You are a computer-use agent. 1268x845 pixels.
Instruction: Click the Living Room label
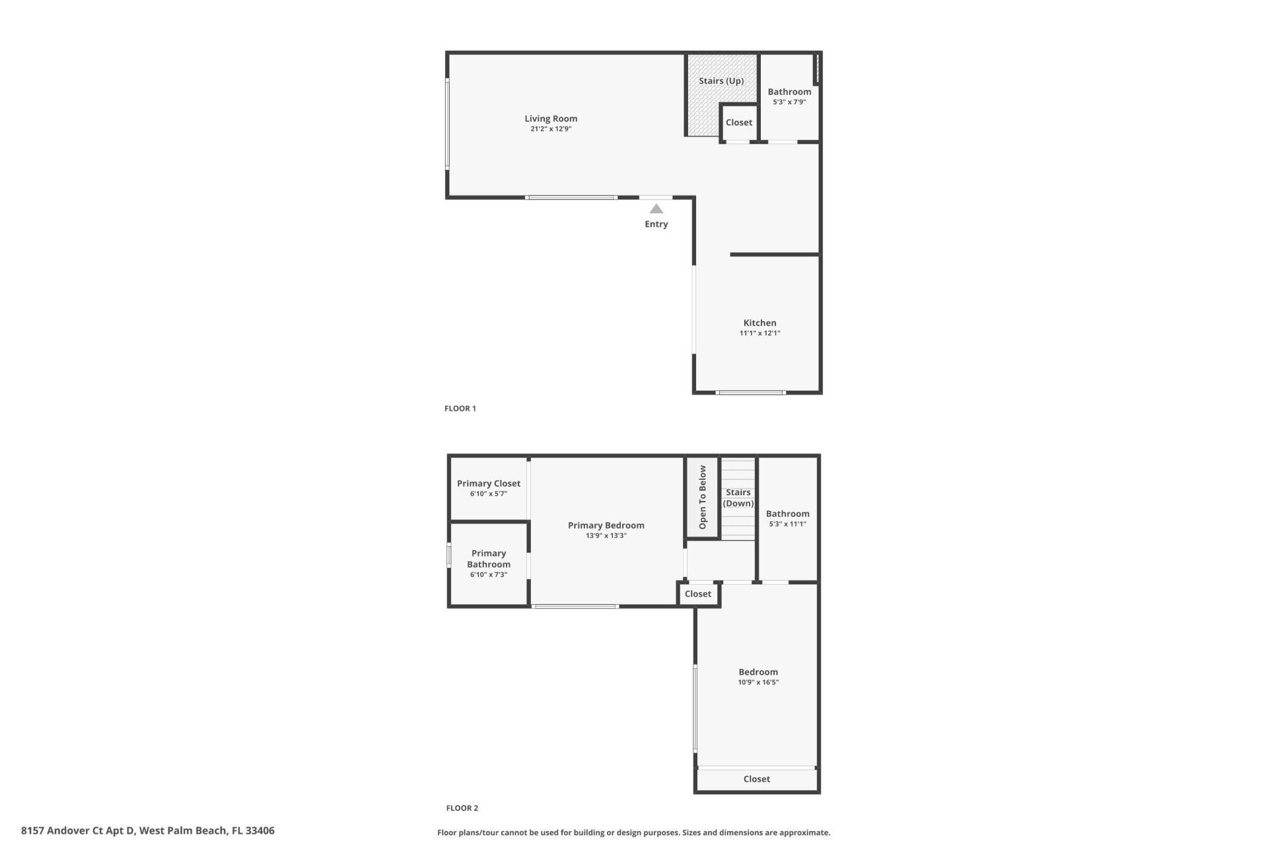coord(551,119)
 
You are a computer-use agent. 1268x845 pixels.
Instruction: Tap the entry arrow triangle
coord(656,209)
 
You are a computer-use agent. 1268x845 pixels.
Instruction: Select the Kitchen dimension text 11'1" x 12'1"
coord(759,333)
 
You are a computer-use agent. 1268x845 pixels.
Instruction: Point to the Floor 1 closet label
coord(738,123)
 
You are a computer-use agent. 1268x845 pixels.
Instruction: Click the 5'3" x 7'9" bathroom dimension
coord(789,102)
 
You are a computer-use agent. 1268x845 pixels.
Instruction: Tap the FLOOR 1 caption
coord(460,409)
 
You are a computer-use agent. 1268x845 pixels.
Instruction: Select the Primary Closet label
coord(488,484)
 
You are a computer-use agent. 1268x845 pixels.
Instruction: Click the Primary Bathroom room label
coord(488,558)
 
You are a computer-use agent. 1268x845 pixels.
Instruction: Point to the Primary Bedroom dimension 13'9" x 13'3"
coord(606,536)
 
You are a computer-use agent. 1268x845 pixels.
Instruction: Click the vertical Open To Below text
coord(702,497)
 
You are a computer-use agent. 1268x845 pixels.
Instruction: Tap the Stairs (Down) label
coord(738,498)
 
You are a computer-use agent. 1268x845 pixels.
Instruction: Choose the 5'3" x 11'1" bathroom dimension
coord(787,524)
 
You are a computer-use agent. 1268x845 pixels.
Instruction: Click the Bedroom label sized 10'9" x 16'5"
coord(758,672)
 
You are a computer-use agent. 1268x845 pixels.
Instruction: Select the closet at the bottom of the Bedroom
coord(756,779)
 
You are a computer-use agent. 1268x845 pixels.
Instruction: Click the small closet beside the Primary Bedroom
coord(697,594)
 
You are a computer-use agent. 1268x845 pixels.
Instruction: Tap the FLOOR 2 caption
coord(462,808)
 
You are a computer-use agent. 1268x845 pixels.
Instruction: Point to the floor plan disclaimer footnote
coord(633,833)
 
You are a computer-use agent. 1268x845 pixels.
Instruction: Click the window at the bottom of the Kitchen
coord(751,393)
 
